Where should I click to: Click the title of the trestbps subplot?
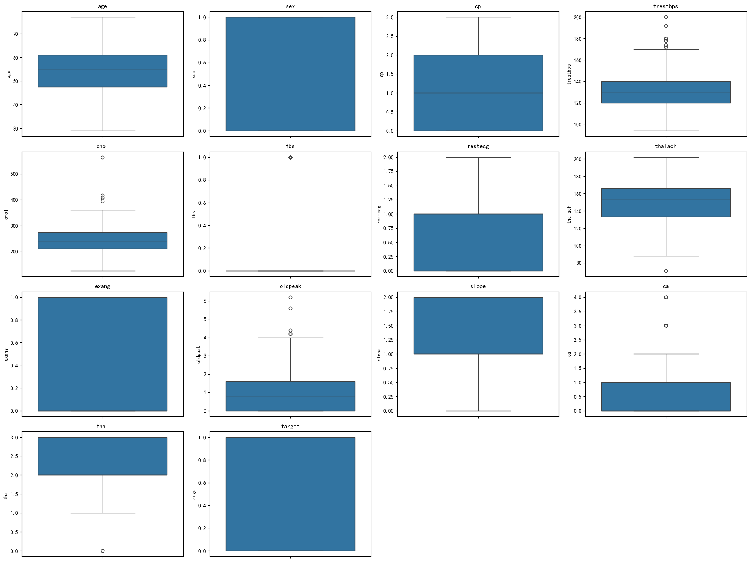[x=666, y=6]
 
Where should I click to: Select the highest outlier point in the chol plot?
[x=103, y=157]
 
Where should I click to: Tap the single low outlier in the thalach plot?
[x=666, y=271]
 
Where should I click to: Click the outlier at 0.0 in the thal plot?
[x=103, y=551]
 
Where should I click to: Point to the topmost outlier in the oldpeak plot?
[x=290, y=297]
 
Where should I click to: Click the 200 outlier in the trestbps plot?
[x=666, y=17]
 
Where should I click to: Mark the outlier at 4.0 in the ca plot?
[x=666, y=297]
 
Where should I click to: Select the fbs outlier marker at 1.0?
[x=290, y=157]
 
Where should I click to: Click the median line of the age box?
[x=103, y=69]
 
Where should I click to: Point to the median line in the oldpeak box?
[x=290, y=396]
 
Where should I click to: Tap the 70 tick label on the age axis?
[x=15, y=34]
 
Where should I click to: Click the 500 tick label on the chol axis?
[x=14, y=174]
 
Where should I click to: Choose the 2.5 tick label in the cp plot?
[x=390, y=36]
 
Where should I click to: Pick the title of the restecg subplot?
[x=478, y=146]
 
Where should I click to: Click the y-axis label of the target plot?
[x=194, y=494]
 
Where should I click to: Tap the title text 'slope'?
[x=478, y=286]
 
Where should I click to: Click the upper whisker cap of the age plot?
[x=103, y=17]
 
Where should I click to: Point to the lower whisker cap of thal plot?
[x=103, y=513]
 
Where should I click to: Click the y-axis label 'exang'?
[x=6, y=354]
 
